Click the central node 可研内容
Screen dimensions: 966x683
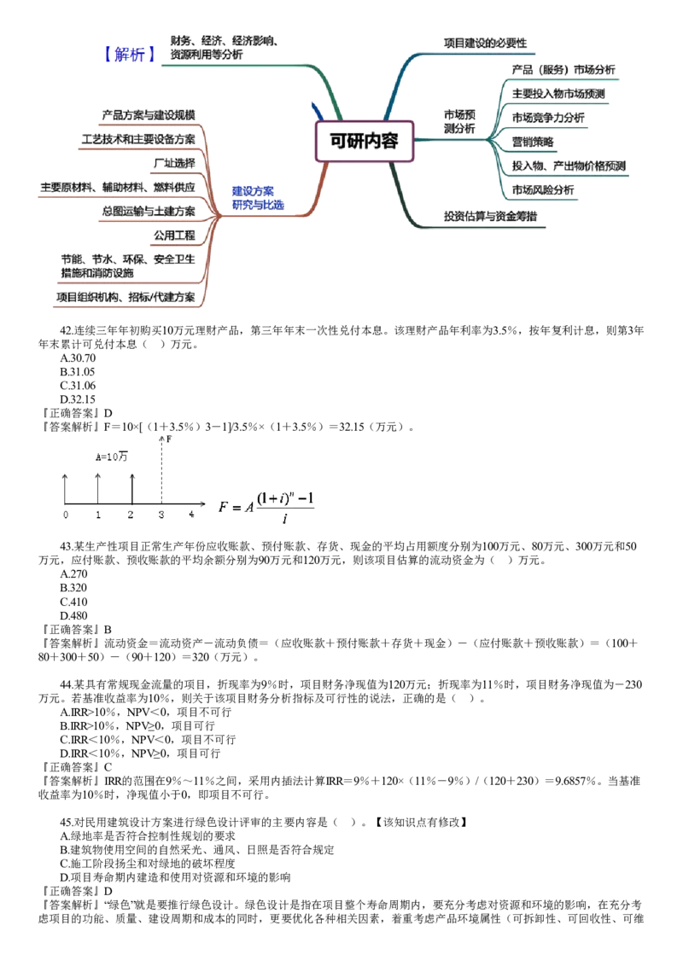click(365, 141)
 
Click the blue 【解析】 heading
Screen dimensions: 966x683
click(129, 55)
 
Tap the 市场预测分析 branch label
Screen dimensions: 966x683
click(460, 121)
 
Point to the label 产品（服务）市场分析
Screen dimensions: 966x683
click(562, 69)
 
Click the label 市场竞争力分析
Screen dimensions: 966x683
click(549, 117)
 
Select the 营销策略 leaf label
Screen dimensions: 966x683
click(532, 141)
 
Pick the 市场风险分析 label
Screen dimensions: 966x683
click(543, 189)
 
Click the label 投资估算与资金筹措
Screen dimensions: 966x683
click(491, 217)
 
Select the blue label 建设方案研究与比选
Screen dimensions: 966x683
click(258, 198)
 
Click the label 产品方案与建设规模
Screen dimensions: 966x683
click(149, 114)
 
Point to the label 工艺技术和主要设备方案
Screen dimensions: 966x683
click(138, 138)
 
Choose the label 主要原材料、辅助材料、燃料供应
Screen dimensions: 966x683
click(117, 186)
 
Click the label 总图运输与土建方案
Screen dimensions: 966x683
click(149, 210)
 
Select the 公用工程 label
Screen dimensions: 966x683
click(173, 234)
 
